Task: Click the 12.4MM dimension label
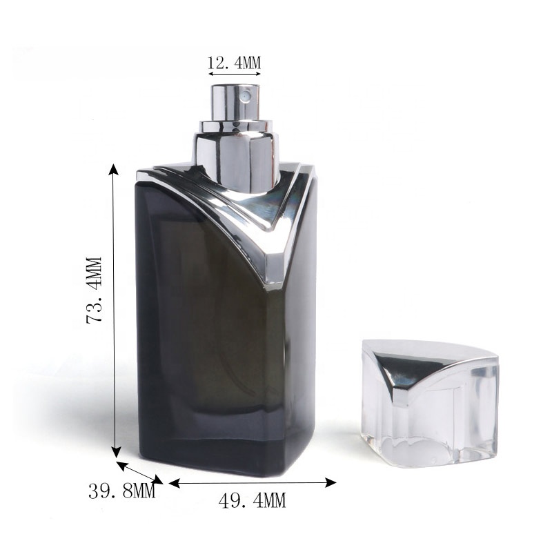tap(234, 63)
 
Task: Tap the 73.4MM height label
tap(95, 290)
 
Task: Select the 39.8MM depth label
tap(122, 491)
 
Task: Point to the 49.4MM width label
tap(252, 500)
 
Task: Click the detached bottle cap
tap(430, 402)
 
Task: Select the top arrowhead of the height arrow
tap(113, 170)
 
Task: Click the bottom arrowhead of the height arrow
tap(116, 452)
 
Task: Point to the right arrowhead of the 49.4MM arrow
tap(331, 482)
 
